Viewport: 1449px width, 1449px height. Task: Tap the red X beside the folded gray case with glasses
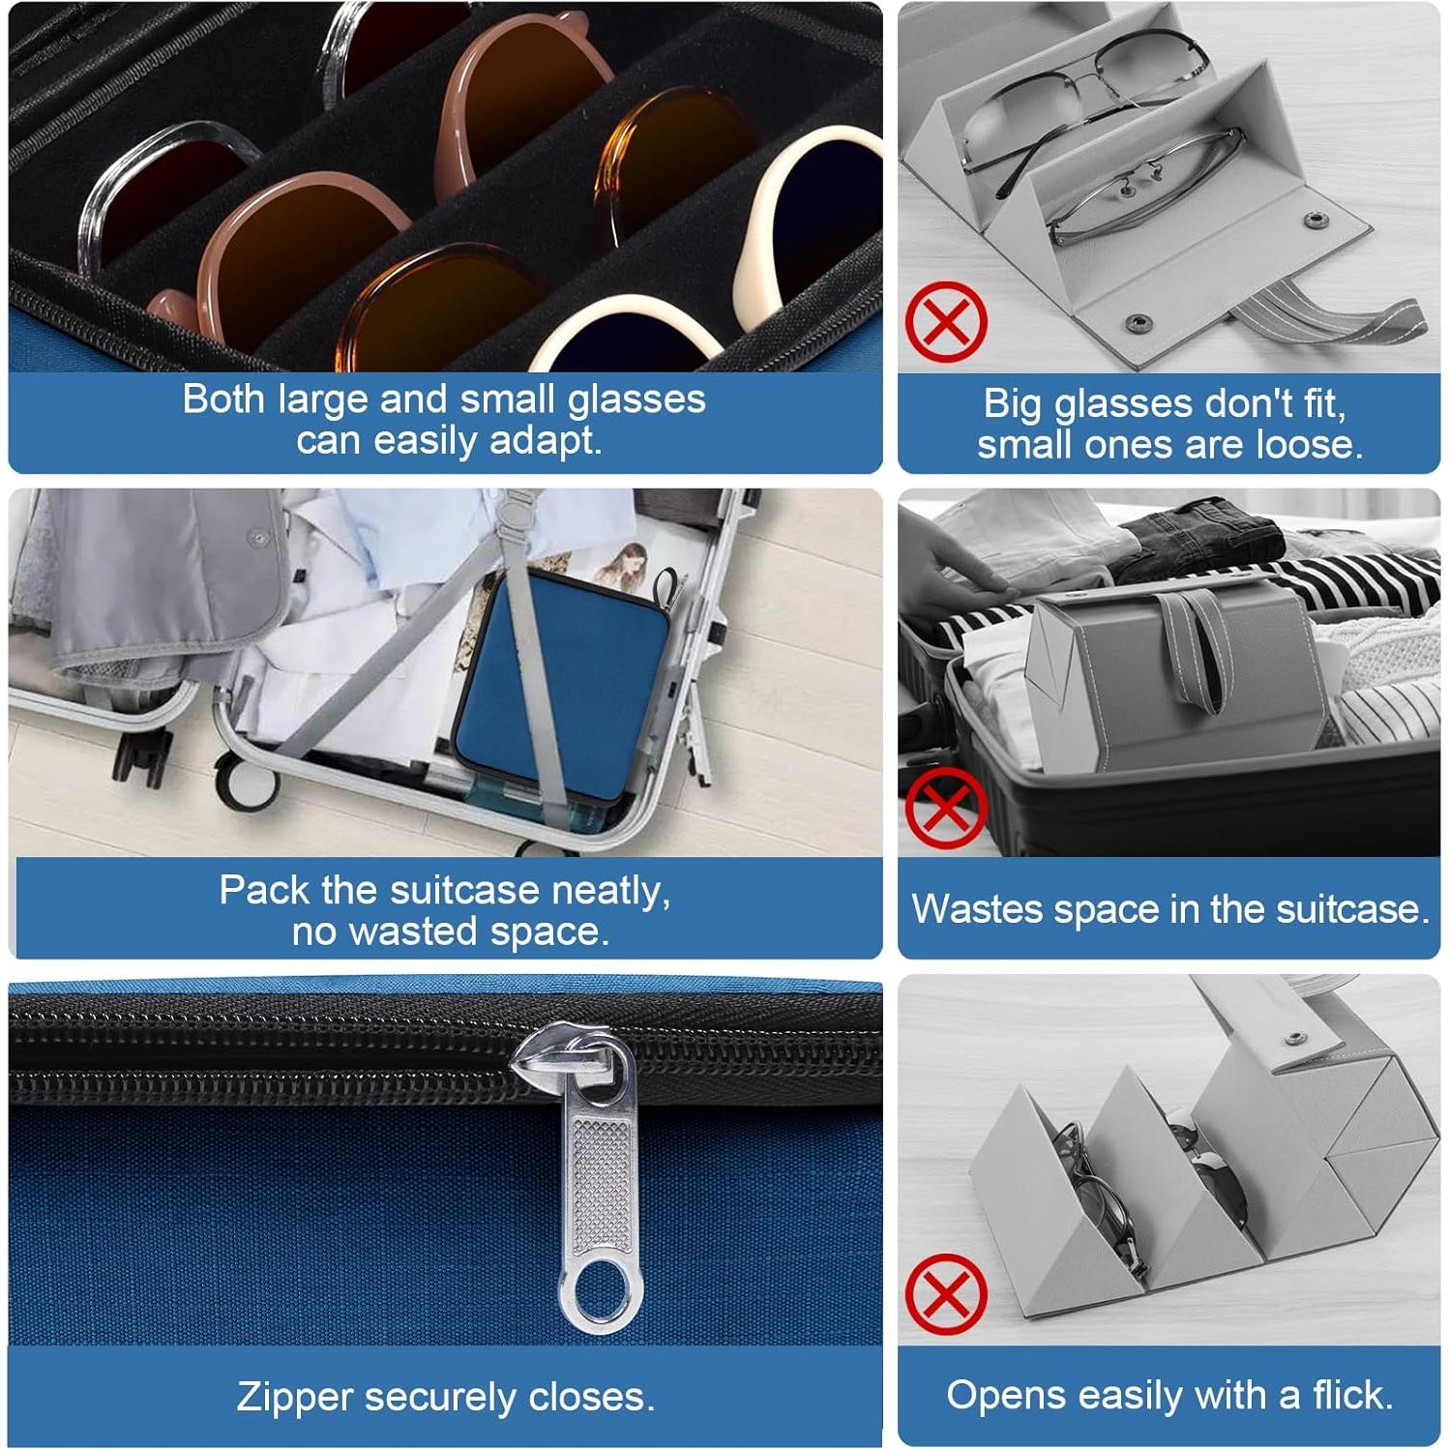tap(946, 322)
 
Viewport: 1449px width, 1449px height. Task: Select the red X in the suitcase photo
tap(946, 808)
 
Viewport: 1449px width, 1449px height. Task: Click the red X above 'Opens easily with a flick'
tap(946, 1294)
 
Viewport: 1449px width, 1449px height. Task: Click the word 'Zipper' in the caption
tap(293, 1397)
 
